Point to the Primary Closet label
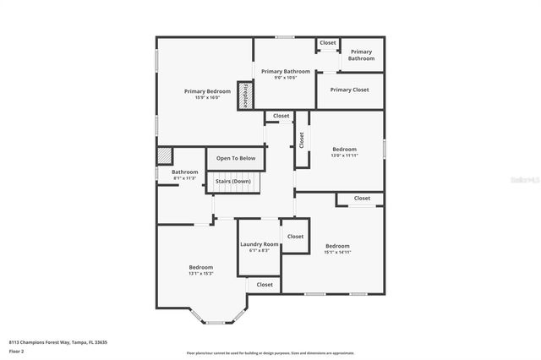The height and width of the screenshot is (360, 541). [349, 90]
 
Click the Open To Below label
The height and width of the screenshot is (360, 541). [236, 158]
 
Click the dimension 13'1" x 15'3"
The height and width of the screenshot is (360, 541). [200, 273]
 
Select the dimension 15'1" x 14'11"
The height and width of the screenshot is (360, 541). [337, 252]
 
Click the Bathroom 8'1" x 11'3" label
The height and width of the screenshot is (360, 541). [184, 175]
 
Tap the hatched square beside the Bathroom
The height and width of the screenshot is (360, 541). [164, 157]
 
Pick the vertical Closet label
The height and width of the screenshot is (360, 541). [301, 139]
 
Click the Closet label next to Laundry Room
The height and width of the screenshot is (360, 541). [294, 237]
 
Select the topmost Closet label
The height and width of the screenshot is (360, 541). [327, 42]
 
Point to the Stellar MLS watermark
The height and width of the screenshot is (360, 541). [524, 180]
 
